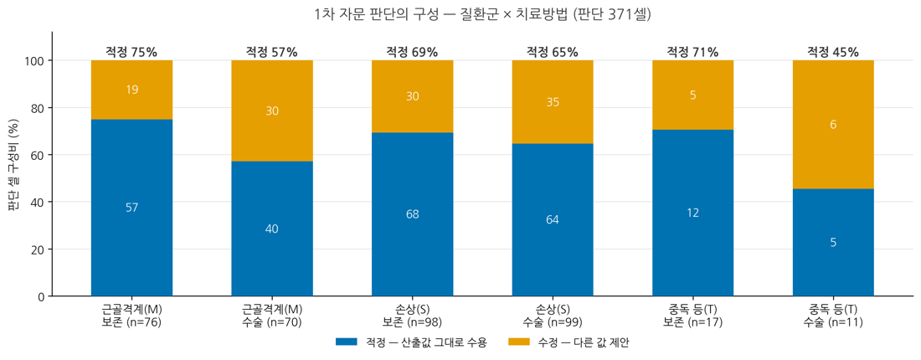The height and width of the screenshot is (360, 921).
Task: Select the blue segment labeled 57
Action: pos(131,208)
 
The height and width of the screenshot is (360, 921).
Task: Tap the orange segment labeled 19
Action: pos(131,90)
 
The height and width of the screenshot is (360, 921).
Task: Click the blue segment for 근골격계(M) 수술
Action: pos(272,229)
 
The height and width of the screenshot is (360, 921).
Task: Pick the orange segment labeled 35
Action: pos(553,102)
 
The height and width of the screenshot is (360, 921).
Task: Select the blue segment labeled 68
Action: pos(412,214)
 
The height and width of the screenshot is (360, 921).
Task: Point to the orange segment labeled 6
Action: pos(833,125)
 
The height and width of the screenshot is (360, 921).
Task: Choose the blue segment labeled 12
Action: pos(693,213)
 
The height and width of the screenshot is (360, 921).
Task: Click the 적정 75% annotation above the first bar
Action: pos(131,52)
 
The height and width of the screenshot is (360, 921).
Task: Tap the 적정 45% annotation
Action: pos(833,52)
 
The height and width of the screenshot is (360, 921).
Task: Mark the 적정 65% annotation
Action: pos(553,52)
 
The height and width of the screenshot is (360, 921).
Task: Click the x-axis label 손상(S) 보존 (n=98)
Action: pos(412,315)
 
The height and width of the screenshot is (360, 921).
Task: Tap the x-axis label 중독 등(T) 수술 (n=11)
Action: pos(833,315)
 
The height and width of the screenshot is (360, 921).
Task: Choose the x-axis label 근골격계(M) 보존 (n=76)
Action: pos(131,315)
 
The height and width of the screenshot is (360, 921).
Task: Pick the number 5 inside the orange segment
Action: pos(693,95)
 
